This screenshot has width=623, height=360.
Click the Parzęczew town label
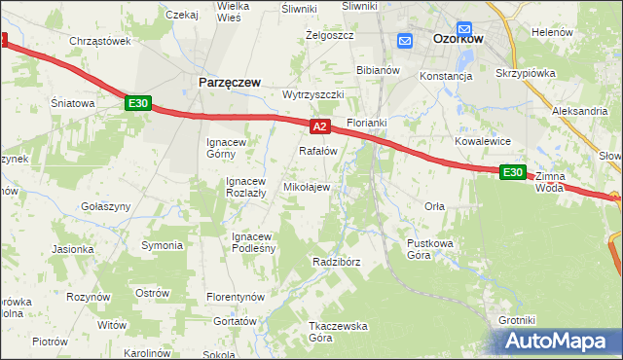tap(229, 83)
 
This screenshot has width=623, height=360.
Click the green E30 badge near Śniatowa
tap(138, 102)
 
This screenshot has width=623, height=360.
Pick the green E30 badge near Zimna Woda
tap(513, 172)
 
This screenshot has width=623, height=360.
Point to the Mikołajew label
tap(306, 187)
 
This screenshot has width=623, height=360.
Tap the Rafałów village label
tap(317, 151)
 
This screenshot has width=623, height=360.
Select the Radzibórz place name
tap(337, 263)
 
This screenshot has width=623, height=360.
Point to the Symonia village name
tap(162, 244)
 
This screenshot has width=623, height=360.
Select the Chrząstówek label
tap(100, 41)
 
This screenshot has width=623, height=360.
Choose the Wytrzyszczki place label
tap(313, 94)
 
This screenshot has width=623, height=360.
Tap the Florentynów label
tap(236, 296)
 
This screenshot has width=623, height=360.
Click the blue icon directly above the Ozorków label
tap(464, 29)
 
